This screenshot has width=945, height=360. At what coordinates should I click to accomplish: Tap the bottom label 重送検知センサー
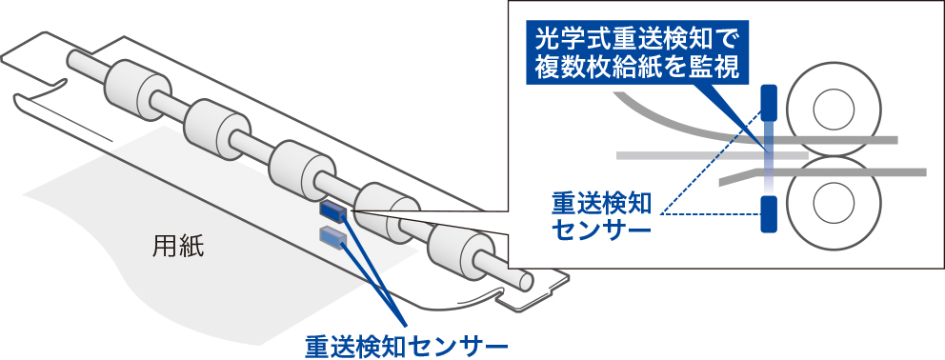click(406, 345)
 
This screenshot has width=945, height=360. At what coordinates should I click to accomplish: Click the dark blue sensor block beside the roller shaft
click(332, 211)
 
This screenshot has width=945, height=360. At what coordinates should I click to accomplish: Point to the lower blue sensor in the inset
click(769, 213)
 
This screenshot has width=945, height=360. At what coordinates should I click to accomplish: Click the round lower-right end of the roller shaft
click(523, 280)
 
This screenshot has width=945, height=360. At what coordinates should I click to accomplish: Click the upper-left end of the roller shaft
click(75, 58)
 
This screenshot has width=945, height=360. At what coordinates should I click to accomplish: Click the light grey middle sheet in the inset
click(713, 155)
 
